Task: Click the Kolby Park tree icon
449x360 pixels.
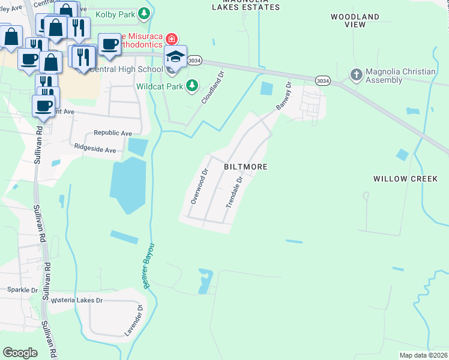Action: click(x=143, y=13)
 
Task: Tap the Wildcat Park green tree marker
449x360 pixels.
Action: click(x=191, y=86)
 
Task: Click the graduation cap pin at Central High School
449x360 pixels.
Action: click(x=175, y=57)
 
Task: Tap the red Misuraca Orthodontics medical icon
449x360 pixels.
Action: click(x=172, y=39)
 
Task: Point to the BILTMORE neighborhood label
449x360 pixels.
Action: click(x=246, y=166)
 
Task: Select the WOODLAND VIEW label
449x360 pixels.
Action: click(x=356, y=21)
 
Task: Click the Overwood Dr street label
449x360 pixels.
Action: click(x=199, y=186)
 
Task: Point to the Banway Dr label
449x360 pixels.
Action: click(x=283, y=96)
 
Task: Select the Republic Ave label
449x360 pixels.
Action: click(x=112, y=133)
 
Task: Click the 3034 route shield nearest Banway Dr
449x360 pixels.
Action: click(x=322, y=80)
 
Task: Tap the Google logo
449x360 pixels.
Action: click(x=20, y=352)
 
